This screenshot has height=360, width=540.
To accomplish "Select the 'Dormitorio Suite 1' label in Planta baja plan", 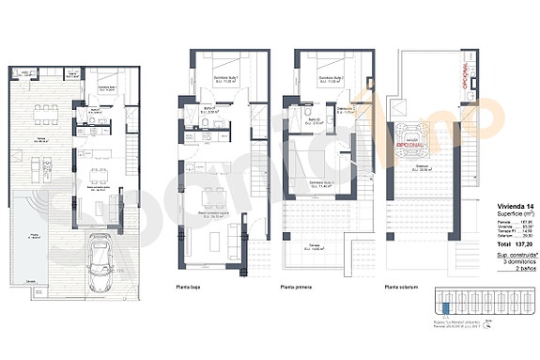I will (x=222, y=79).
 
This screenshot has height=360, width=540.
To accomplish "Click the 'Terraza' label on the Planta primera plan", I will (x=310, y=246).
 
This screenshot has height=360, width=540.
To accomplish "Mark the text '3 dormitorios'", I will (x=517, y=261).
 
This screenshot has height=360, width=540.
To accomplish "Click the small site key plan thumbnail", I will (x=479, y=302).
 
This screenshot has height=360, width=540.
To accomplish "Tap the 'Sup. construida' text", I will (x=516, y=254).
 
